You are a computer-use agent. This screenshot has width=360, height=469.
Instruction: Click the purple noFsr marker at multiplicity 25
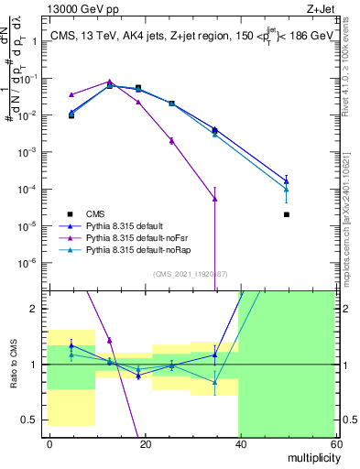tap(171, 140)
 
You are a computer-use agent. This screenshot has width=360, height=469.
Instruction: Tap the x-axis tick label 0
tap(49, 443)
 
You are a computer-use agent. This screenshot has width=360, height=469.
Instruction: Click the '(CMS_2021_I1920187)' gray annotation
tap(189, 273)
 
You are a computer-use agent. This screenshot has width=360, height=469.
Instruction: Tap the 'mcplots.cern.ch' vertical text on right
tap(350, 234)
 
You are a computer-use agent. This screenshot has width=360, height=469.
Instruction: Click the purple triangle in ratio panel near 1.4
tap(110, 340)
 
